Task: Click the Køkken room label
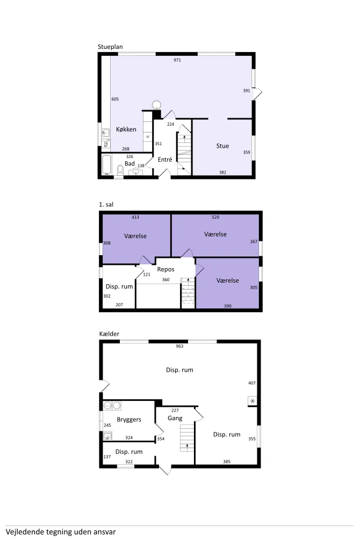coord(126,129)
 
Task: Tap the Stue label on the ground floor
coord(222,146)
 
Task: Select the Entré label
coord(165,160)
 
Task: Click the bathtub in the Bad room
coord(107,164)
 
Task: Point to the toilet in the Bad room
coord(120,170)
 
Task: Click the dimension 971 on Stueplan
coord(177,60)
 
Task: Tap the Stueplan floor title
coord(110,47)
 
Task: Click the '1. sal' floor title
coord(106,205)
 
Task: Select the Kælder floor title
coord(109,334)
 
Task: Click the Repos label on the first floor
coord(165,270)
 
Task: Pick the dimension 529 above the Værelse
coord(215,217)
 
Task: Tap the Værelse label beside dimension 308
coord(135,236)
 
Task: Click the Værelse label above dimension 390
coord(228,280)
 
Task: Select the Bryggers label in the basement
coord(129,420)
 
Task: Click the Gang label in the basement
coord(175,419)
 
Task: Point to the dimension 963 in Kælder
coord(179,346)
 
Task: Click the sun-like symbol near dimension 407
coord(253,401)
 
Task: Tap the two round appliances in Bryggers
coord(112,405)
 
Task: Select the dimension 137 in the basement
coord(107,457)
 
